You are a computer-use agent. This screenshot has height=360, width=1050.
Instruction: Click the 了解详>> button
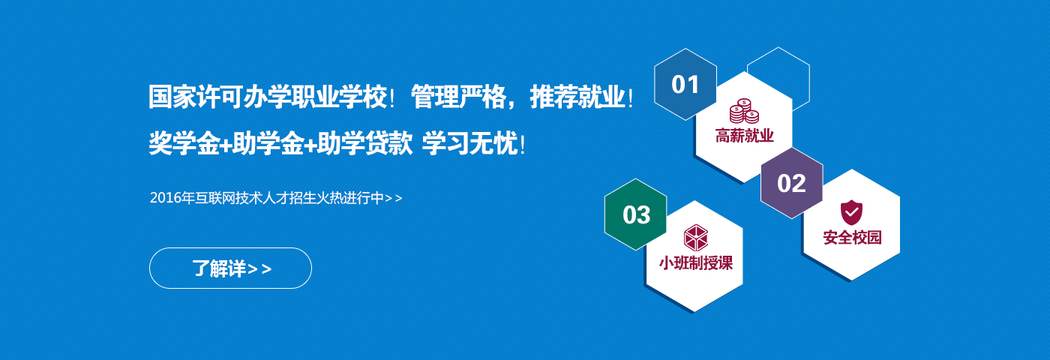tap(230, 268)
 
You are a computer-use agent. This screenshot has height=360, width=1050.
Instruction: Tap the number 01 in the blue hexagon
tap(685, 85)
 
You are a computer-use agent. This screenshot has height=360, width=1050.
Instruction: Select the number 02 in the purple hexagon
tap(791, 183)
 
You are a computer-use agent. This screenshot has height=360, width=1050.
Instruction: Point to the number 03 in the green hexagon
tap(636, 215)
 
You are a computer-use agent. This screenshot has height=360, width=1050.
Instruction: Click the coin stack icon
tap(744, 111)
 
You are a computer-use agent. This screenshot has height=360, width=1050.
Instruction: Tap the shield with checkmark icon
tap(851, 212)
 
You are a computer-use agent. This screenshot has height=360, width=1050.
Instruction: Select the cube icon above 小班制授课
tap(696, 238)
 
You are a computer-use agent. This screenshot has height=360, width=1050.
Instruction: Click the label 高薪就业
tap(744, 136)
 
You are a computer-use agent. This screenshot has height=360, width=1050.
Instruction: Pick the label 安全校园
tap(852, 238)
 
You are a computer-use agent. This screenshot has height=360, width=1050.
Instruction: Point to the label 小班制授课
tap(696, 263)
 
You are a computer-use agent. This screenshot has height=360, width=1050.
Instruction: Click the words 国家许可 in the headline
tap(196, 97)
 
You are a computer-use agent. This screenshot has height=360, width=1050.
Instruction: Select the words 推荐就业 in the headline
tap(577, 97)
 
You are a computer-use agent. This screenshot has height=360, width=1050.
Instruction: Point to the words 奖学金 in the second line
tap(184, 143)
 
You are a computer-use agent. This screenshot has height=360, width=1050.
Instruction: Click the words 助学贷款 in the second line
tap(364, 143)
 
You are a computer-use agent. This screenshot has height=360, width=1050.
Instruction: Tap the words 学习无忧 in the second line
tap(469, 143)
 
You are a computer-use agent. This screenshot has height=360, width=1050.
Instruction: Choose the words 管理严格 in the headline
tap(458, 97)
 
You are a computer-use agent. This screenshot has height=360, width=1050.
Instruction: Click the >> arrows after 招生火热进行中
tap(393, 198)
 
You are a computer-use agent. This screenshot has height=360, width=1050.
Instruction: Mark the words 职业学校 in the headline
tap(338, 97)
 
